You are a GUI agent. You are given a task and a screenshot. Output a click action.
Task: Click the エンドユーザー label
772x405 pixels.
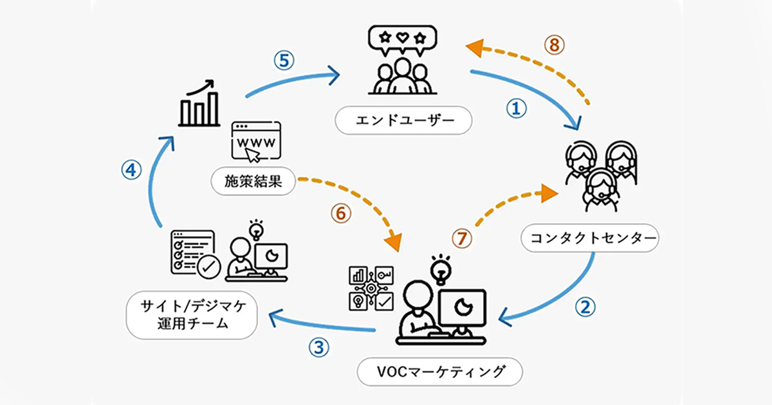[x=404, y=120]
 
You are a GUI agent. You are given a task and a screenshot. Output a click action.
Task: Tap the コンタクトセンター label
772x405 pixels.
[x=589, y=239]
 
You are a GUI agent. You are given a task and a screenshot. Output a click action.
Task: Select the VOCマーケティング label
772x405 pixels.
[x=440, y=372]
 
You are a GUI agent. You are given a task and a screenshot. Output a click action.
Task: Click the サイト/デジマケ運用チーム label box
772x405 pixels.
[x=192, y=316]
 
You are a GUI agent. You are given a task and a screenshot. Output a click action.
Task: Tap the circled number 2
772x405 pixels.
[x=585, y=306]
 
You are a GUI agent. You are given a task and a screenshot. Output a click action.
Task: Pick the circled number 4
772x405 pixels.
[x=131, y=170]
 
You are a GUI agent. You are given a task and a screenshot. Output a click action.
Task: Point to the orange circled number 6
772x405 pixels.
[x=341, y=213]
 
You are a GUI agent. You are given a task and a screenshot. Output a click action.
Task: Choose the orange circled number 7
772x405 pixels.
[x=461, y=239]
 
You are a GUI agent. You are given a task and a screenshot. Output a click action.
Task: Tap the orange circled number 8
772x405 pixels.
[x=555, y=45]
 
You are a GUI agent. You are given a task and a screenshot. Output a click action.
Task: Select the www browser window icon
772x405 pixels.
[x=255, y=140]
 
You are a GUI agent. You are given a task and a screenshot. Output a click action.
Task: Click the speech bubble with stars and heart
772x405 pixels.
[x=402, y=39]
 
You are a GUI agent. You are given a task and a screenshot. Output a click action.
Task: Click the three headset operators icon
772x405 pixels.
[x=600, y=172]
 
